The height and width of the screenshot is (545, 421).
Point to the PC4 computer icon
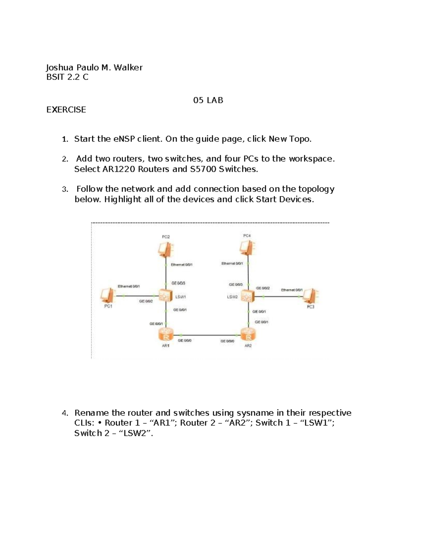246,248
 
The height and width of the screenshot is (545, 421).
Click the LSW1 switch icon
165,296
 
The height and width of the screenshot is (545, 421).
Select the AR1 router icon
166,335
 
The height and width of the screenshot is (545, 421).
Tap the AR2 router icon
248,335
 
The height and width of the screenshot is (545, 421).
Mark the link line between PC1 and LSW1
137,296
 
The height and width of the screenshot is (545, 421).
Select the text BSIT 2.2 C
67,77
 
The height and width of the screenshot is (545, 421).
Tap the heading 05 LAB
208,100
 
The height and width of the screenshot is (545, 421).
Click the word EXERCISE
66,110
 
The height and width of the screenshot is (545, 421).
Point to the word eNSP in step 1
124,139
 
